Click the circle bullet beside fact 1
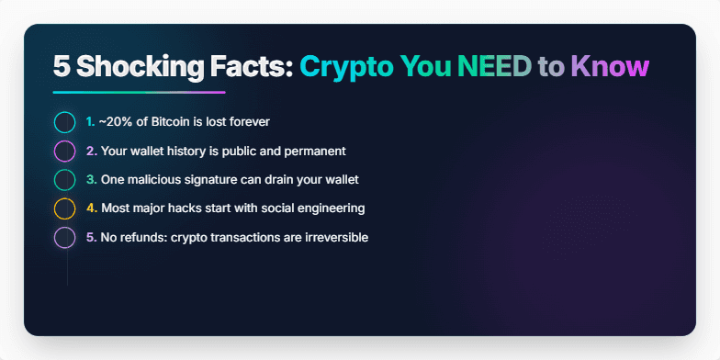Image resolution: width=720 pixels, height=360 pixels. click(64, 122)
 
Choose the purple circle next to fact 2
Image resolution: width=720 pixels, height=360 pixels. click(64, 151)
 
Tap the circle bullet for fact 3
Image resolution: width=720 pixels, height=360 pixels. click(64, 179)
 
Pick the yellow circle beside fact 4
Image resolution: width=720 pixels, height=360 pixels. click(64, 208)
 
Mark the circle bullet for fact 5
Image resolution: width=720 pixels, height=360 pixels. click(64, 237)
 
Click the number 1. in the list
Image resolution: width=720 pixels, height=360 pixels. click(90, 122)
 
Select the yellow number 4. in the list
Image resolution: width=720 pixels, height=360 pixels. click(91, 208)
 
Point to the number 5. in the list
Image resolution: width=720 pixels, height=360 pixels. click(91, 237)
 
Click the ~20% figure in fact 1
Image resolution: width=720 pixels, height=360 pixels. click(115, 122)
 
